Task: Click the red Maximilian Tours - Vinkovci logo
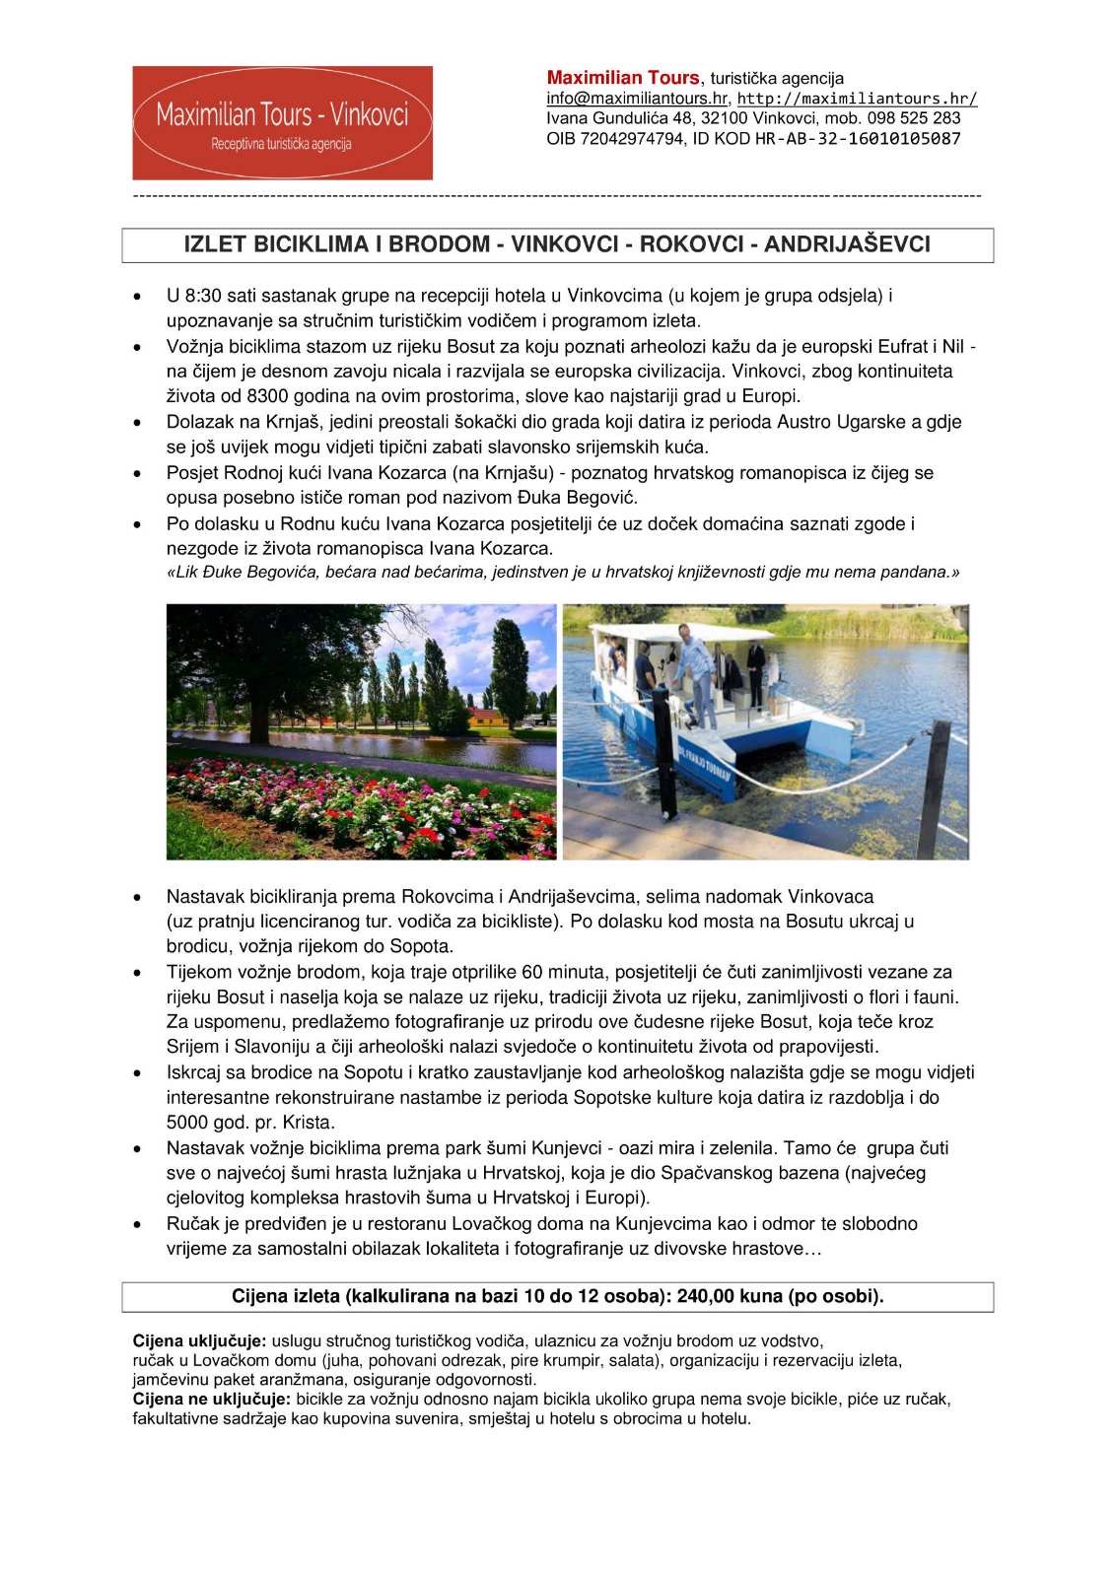(x=282, y=123)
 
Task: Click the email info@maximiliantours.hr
(x=637, y=99)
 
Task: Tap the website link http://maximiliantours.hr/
(x=858, y=99)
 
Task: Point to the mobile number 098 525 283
(x=914, y=118)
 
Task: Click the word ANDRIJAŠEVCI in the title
(x=847, y=244)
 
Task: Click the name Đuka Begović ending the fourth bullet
(x=588, y=498)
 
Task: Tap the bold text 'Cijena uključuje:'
(x=199, y=1341)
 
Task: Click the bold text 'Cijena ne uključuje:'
(x=212, y=1400)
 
